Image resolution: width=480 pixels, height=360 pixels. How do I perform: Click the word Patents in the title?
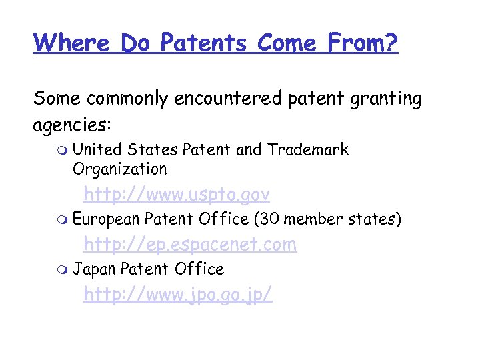click(205, 43)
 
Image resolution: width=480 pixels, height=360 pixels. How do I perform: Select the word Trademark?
click(308, 149)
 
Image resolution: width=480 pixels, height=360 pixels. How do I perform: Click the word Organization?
click(120, 169)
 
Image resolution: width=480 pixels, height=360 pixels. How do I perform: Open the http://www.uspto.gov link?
click(176, 195)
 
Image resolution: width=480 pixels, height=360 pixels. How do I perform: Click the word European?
click(106, 219)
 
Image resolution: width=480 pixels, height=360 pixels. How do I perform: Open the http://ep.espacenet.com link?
click(189, 245)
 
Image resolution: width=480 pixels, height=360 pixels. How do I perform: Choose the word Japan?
click(94, 269)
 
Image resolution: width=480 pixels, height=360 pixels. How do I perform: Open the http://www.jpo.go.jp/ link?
click(177, 294)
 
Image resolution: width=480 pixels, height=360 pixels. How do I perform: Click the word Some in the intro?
click(56, 99)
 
